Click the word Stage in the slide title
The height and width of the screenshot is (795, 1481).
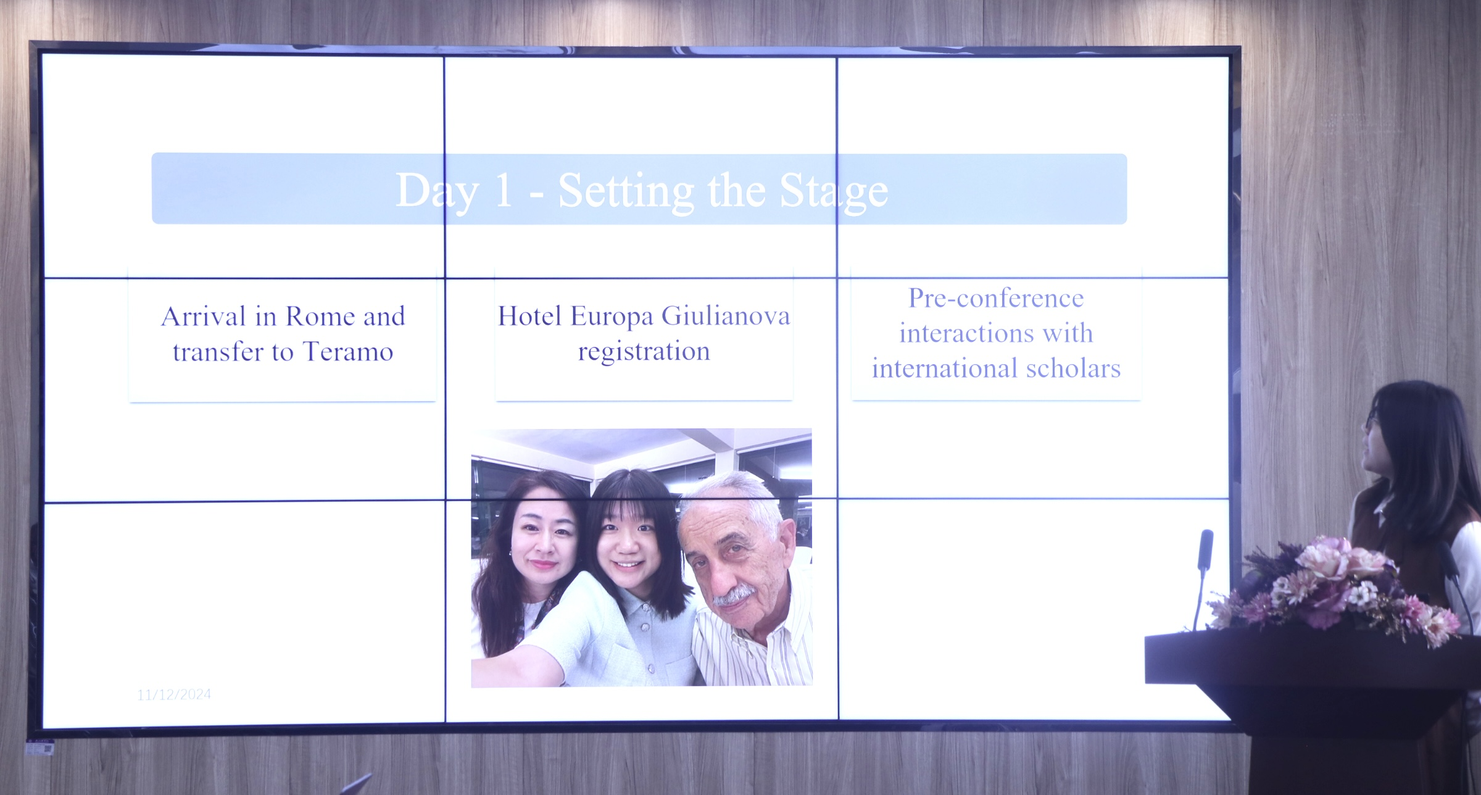pyautogui.click(x=834, y=193)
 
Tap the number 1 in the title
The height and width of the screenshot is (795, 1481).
pyautogui.click(x=504, y=191)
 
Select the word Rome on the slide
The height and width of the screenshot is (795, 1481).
pyautogui.click(x=320, y=317)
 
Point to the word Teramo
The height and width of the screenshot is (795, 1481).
pyautogui.click(x=348, y=352)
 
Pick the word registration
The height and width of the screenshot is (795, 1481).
pyautogui.click(x=644, y=352)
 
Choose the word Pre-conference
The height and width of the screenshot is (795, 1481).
pyautogui.click(x=996, y=299)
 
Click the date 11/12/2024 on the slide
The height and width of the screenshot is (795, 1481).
pyautogui.click(x=174, y=695)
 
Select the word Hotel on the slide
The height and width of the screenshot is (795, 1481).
pyautogui.click(x=530, y=316)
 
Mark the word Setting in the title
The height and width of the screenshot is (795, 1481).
pyautogui.click(x=626, y=193)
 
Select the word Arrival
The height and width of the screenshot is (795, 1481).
pyautogui.click(x=204, y=317)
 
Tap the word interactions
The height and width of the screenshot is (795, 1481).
pyautogui.click(x=966, y=334)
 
